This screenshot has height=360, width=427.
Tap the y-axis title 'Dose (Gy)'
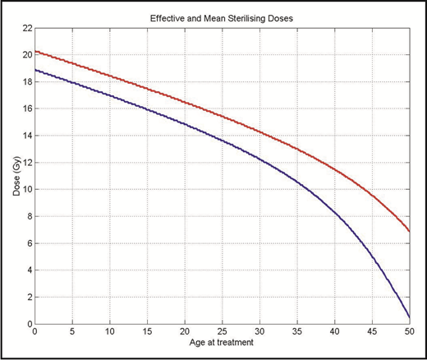[x=11, y=176]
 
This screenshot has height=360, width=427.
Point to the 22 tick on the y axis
[x=26, y=28]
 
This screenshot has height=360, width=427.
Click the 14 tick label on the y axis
[x=26, y=136]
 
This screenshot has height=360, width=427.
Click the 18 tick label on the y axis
[x=26, y=82]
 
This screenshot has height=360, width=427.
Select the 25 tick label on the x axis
[x=222, y=334]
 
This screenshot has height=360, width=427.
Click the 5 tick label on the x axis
[x=72, y=334]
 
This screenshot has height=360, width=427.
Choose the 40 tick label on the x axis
[x=334, y=334]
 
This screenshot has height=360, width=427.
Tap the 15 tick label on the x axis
[x=147, y=334]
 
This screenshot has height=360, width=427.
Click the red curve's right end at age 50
[x=409, y=232]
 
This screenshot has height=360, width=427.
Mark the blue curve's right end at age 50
[x=409, y=317]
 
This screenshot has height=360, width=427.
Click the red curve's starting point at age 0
[x=35, y=51]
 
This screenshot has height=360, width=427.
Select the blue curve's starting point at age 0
[x=35, y=70]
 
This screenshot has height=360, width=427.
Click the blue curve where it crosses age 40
[x=334, y=214]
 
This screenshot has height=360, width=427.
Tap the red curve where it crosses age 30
[x=259, y=131]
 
